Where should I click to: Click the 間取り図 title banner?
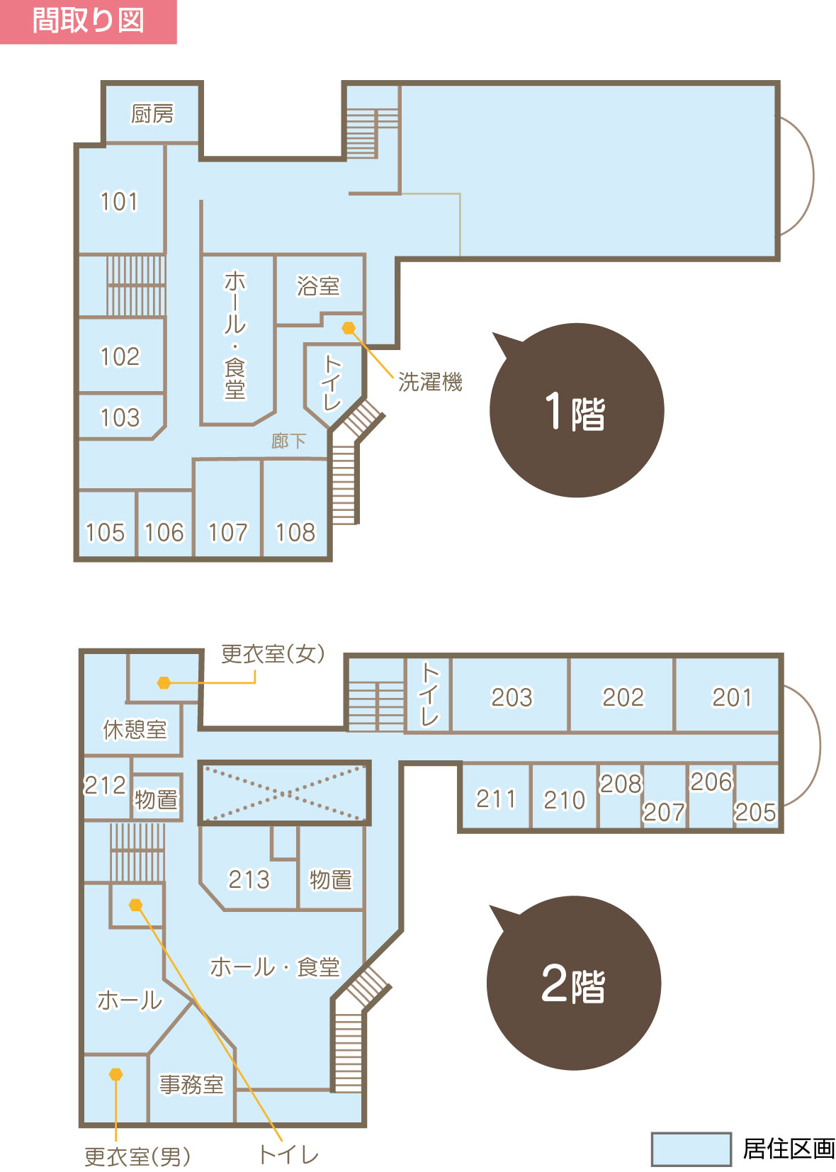[88, 21]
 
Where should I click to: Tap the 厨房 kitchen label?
[152, 113]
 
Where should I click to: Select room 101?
[119, 201]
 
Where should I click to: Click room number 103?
[120, 417]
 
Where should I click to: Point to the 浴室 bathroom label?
[318, 286]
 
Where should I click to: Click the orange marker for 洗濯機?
[349, 328]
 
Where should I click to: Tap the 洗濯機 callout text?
[430, 381]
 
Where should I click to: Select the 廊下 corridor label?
[288, 441]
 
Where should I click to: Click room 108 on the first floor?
[295, 532]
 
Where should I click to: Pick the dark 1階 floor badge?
[577, 410]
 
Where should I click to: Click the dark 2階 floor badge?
[573, 983]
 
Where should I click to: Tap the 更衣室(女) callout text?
[273, 653]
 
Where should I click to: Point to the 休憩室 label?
[135, 729]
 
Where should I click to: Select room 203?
[511, 697]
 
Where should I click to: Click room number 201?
[731, 697]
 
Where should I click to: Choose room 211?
[495, 799]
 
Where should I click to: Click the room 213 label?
[249, 879]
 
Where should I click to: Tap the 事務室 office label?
[191, 1084]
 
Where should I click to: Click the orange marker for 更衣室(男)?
[115, 1074]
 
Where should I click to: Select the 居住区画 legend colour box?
[691, 1149]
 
